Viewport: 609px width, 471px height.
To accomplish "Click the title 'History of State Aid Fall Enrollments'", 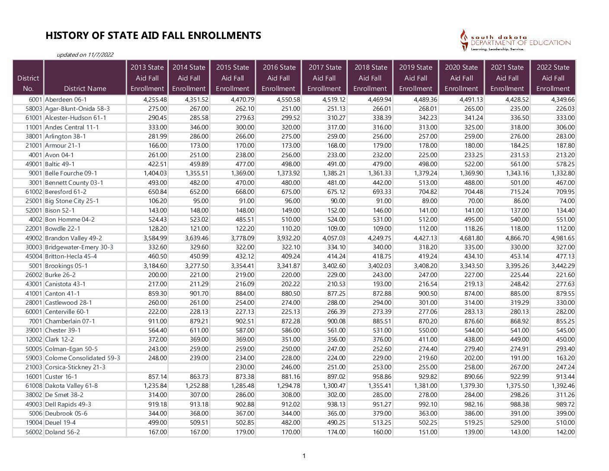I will [x=153, y=35].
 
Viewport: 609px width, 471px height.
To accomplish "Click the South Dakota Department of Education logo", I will [x=515, y=41].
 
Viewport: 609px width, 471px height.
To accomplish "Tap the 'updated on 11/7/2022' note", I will [x=85, y=55].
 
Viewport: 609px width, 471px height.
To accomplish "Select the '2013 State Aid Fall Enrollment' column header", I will [x=147, y=78].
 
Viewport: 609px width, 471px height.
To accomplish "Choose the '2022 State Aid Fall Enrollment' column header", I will [x=553, y=78].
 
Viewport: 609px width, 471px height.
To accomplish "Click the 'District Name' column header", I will [x=85, y=88].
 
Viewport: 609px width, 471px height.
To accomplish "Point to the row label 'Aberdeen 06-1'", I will [x=66, y=100].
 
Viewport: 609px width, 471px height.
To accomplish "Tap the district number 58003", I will [x=34, y=109].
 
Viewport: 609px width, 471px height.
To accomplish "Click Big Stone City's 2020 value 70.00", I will [x=475, y=201].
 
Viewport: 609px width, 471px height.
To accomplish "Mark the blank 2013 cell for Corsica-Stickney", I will [x=147, y=367].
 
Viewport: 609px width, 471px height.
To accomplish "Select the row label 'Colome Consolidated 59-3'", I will [x=82, y=358].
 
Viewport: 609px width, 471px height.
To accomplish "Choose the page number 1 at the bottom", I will [x=304, y=456].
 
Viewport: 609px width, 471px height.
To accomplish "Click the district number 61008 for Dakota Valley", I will [x=34, y=386].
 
